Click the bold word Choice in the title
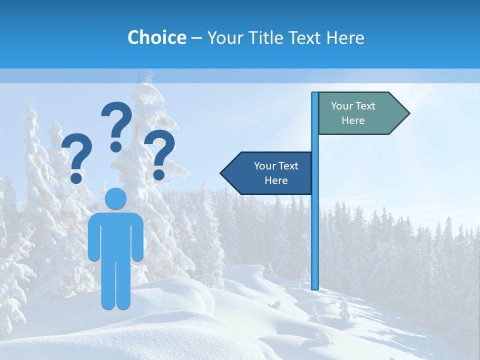tap(156, 37)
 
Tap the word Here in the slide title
tap(345, 37)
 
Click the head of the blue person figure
tap(116, 199)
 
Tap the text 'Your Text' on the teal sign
tap(353, 106)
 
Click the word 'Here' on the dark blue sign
tap(276, 180)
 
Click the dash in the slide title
tap(196, 38)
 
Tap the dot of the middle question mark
tap(116, 146)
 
